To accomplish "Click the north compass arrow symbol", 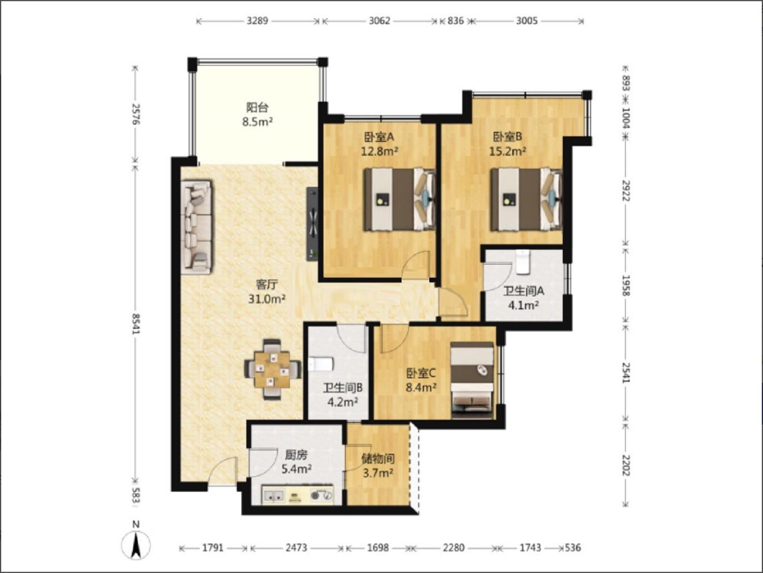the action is point(136,545).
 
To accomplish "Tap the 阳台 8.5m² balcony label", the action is point(257,115).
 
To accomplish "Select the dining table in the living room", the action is point(272,369).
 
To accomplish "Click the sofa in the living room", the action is point(196,227).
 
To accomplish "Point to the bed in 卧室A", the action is point(400,199).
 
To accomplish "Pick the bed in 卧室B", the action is point(526,199).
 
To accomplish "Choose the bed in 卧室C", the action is point(472,380).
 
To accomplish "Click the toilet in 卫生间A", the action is point(522,262).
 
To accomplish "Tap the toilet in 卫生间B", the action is point(320,364).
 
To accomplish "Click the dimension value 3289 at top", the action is point(257,21).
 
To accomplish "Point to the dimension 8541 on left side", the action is point(136,323).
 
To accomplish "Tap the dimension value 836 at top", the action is point(455,21).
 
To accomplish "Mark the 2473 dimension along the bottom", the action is point(296,547).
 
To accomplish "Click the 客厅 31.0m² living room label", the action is point(266,292).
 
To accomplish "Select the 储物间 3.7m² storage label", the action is point(378,466).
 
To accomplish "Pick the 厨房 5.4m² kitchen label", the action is point(296,462).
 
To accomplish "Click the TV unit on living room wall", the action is point(312,224).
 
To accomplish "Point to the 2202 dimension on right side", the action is point(626,465).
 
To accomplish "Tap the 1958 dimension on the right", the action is point(626,285).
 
